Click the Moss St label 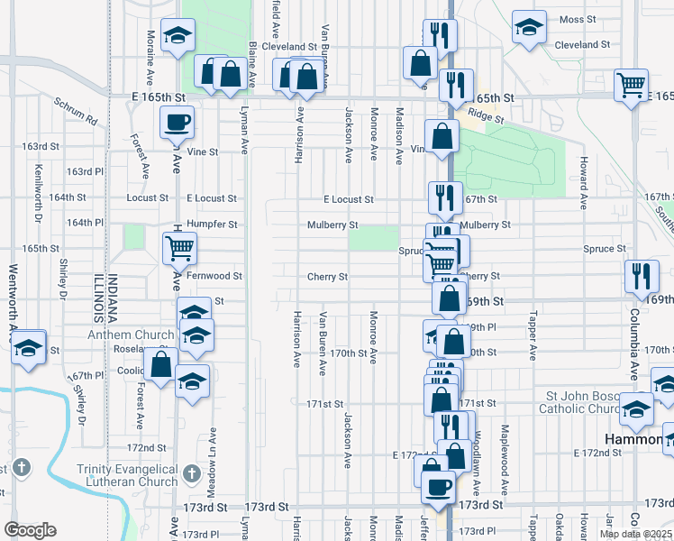click(578, 19)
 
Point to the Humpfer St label click(213, 225)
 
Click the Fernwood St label click(214, 276)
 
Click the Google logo click(31, 530)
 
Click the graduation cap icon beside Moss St click(529, 26)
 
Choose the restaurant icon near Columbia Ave click(640, 274)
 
